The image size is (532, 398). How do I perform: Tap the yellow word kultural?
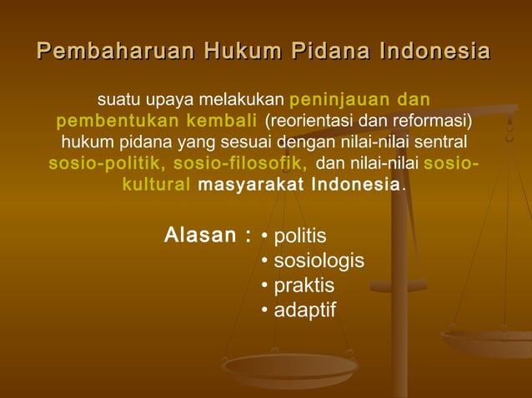pyautogui.click(x=157, y=183)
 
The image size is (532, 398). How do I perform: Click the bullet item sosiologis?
pyautogui.click(x=319, y=261)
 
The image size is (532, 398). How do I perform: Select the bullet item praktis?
pyautogui.click(x=304, y=286)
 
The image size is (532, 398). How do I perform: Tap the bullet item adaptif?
pyautogui.click(x=305, y=311)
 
